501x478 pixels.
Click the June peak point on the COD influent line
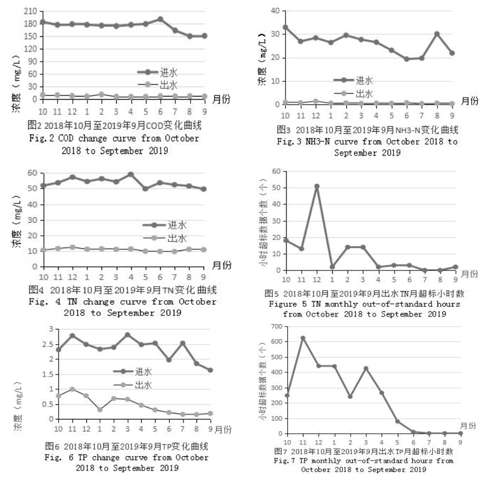click(x=160, y=19)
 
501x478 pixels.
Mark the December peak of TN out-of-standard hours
click(x=316, y=186)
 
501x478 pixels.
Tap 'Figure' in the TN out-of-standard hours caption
click(x=282, y=304)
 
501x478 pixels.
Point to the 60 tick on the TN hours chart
click(x=276, y=171)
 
